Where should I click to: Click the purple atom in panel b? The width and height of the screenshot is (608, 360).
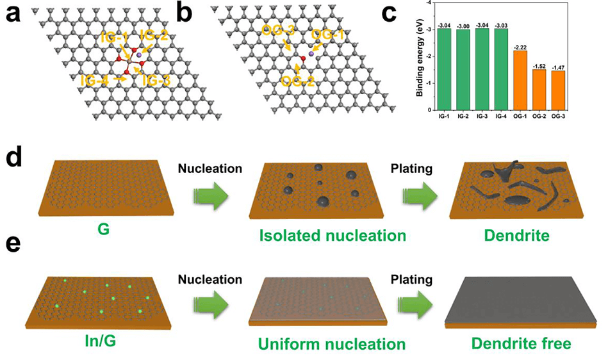(311, 54)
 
